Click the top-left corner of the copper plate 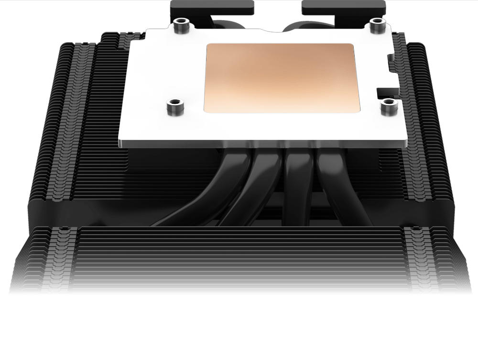point(207,44)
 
